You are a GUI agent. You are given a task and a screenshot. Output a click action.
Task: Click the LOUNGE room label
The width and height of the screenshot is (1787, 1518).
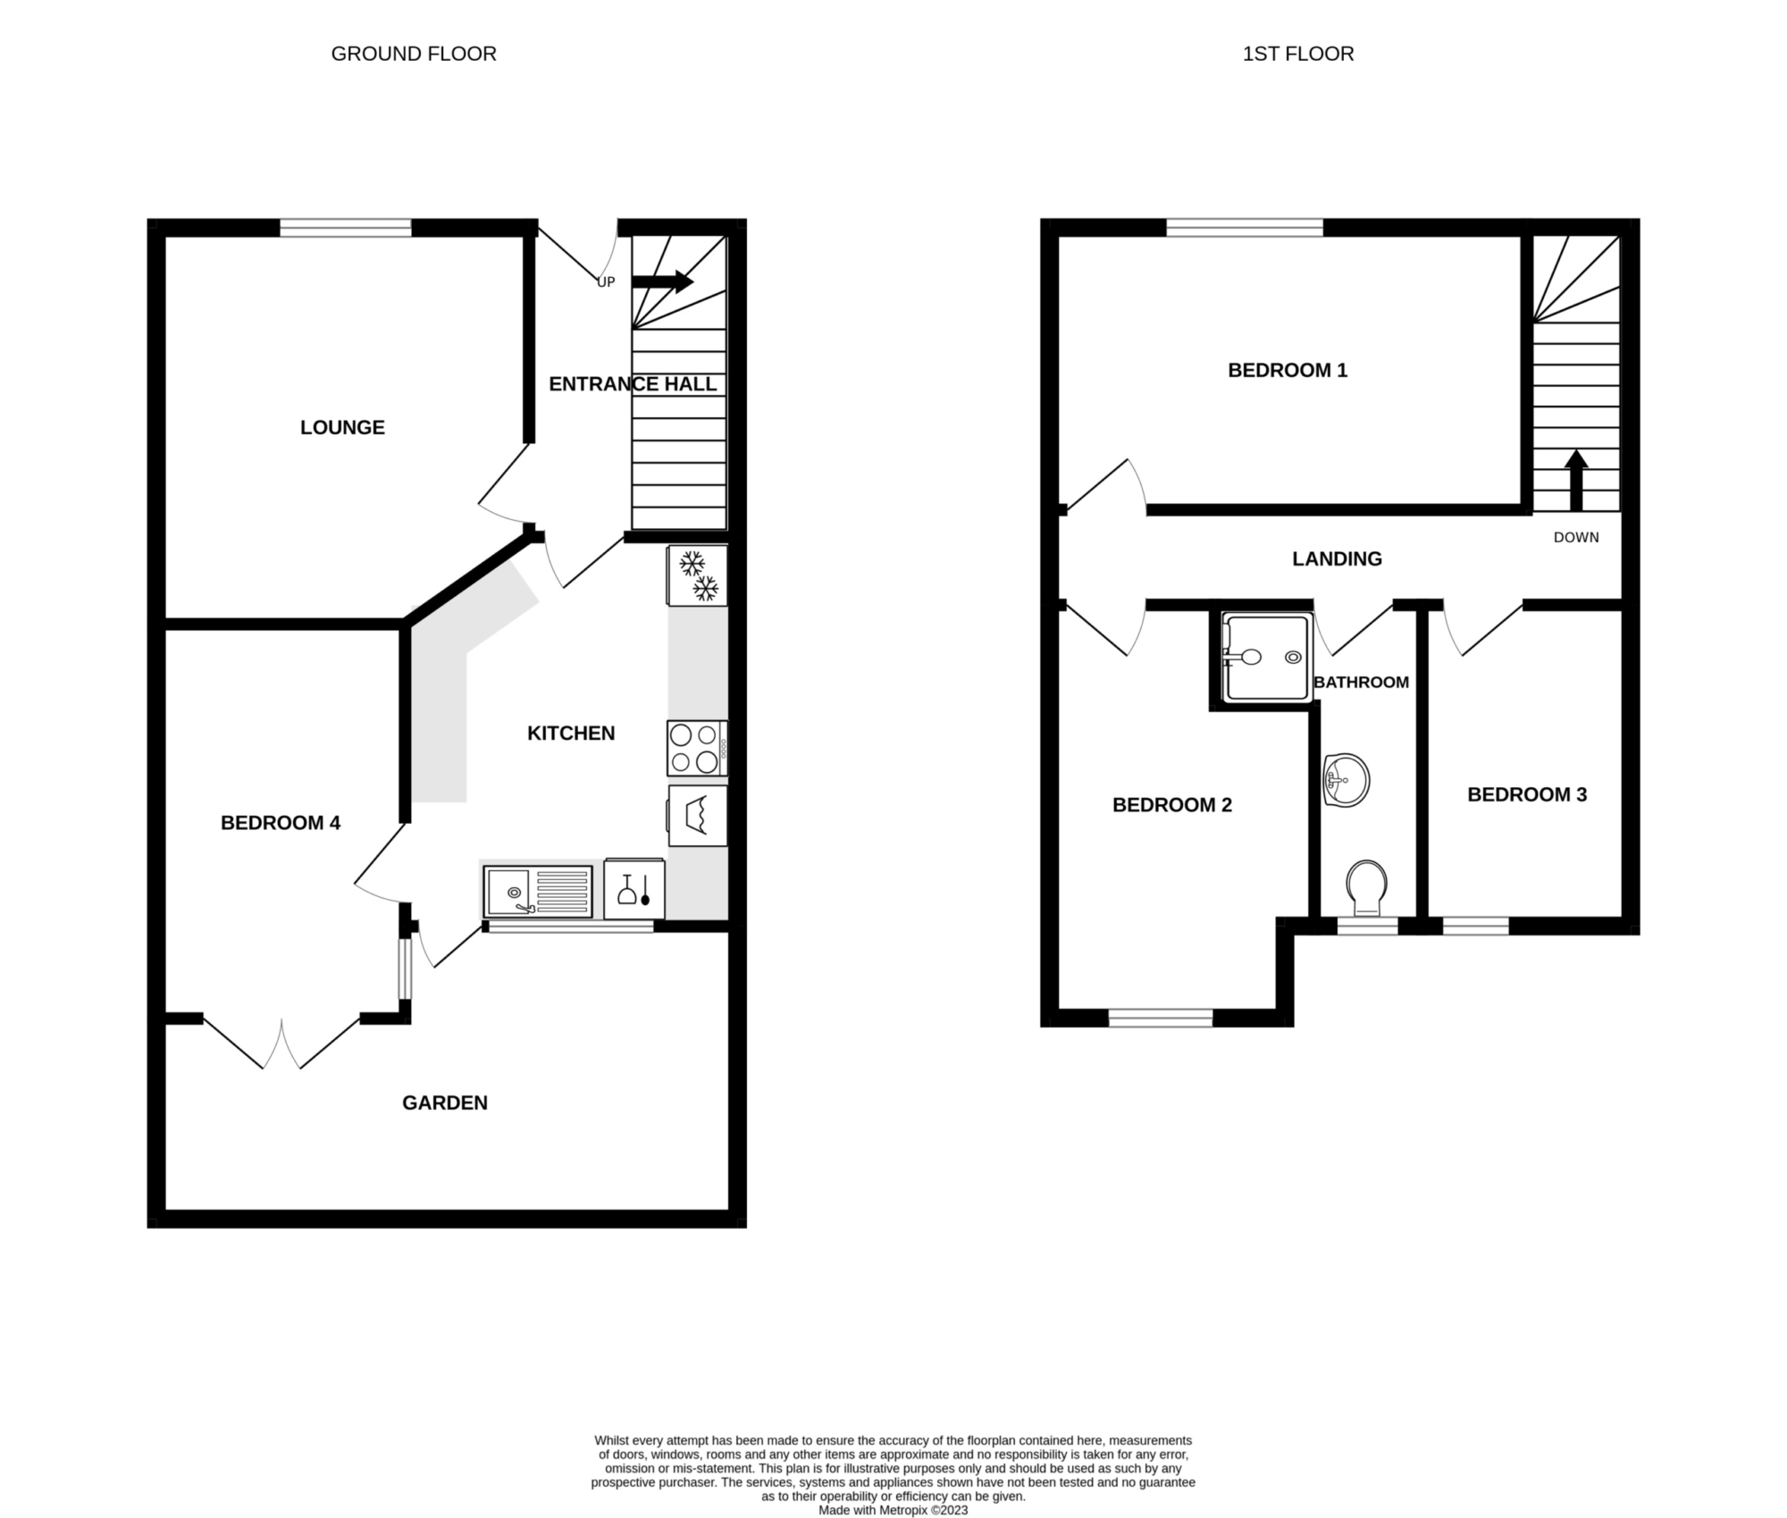[x=342, y=427]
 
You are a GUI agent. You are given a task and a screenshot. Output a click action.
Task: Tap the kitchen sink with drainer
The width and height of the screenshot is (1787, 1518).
[x=538, y=891]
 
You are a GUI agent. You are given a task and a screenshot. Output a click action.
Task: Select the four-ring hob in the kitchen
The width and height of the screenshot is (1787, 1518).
[x=697, y=748]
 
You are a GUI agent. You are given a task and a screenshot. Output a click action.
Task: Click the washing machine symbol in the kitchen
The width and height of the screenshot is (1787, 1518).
[x=697, y=816]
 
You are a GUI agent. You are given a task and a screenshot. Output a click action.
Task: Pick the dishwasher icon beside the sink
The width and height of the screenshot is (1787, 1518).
[x=634, y=889]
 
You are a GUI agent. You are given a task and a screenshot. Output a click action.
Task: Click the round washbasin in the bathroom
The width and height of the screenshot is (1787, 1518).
[x=1346, y=780]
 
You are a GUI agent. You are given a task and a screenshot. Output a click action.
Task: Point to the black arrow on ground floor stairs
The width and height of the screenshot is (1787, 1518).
[x=662, y=281]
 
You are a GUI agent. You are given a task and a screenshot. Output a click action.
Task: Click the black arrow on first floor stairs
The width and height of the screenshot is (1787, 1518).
[x=1576, y=480]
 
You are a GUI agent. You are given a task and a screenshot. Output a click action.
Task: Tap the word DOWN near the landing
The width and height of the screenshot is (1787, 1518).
[x=1576, y=537]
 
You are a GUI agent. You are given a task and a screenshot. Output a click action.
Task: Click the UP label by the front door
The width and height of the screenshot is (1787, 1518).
[x=606, y=282]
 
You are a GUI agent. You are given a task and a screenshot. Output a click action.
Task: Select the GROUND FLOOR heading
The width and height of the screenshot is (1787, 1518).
[x=414, y=54]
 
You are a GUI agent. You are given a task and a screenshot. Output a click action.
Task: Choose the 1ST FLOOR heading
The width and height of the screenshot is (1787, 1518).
[x=1298, y=54]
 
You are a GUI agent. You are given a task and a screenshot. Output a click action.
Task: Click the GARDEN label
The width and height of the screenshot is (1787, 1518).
[x=445, y=1103]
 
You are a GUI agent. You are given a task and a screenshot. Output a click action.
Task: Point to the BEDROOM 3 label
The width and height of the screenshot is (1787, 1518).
[x=1527, y=794]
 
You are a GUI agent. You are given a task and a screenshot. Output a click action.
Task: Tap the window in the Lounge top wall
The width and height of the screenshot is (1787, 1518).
[x=346, y=228]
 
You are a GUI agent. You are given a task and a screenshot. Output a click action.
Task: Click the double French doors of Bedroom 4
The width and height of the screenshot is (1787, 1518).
[x=281, y=1042]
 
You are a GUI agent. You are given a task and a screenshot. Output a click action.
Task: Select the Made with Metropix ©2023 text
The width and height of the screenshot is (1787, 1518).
[x=893, y=1510]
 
